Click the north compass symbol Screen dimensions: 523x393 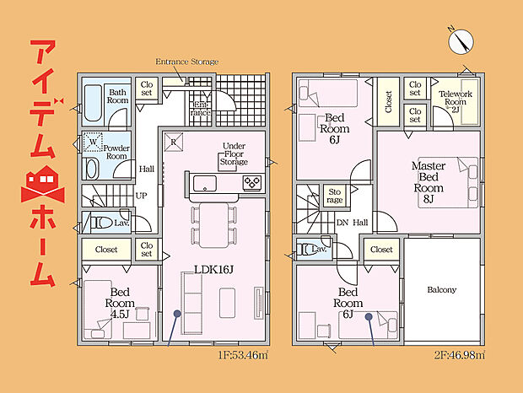point(461,41)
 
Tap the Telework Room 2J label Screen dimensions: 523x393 point(456,102)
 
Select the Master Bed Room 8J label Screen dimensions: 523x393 point(429,182)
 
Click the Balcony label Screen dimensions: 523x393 point(442,289)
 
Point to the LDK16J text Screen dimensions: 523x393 point(213,269)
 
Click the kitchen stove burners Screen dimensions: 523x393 point(252,183)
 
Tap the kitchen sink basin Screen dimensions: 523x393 point(205,184)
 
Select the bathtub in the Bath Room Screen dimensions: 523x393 point(93,103)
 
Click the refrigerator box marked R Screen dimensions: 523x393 point(174,142)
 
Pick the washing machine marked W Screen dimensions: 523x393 point(93,142)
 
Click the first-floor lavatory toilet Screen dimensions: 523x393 point(101,223)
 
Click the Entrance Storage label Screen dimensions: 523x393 point(186,62)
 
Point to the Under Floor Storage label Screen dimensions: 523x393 point(234,153)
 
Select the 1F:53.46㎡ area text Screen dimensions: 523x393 point(243,355)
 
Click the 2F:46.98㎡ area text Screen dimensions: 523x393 point(459,355)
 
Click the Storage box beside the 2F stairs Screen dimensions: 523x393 point(335,196)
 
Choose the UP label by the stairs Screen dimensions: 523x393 point(141,196)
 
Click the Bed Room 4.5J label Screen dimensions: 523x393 point(120,303)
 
